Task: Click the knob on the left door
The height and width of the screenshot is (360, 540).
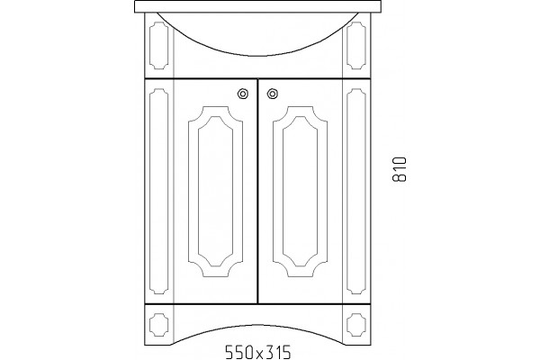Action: pos(243,94)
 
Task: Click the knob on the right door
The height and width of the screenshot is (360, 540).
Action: pos(273,94)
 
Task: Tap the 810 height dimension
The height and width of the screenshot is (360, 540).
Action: pos(400,169)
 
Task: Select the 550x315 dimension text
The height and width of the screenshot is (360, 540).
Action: pos(258,352)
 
